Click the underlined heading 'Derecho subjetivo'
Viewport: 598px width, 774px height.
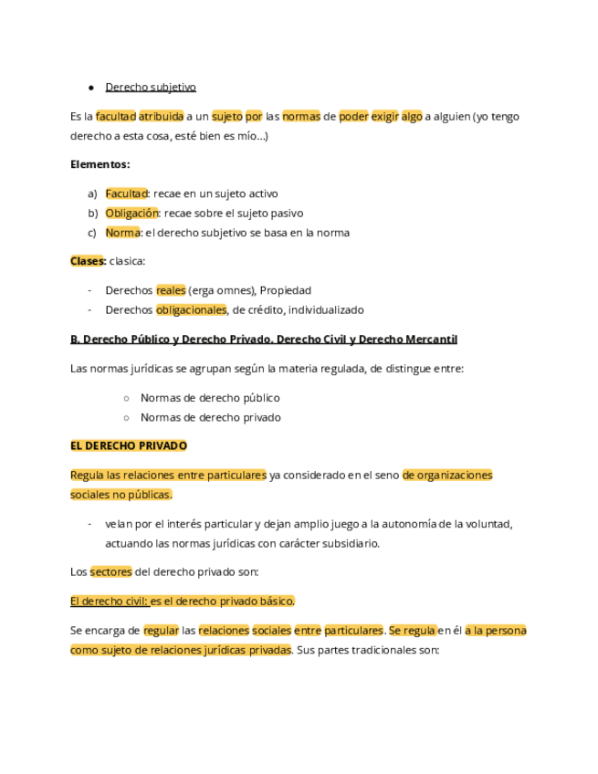pos(151,88)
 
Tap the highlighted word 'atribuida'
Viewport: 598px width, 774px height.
pos(161,117)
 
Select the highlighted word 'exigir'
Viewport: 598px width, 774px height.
pos(384,117)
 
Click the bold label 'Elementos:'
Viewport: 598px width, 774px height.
pos(100,165)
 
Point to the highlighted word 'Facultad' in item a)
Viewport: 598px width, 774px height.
pos(126,194)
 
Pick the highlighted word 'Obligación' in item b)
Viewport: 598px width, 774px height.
pos(131,214)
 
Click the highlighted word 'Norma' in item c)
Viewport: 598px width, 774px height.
pos(122,233)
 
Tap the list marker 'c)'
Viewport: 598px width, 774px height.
pos(92,233)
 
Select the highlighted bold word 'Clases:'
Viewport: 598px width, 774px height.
pos(88,261)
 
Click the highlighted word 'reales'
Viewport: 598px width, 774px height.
pos(171,290)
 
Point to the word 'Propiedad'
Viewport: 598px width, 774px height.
pos(286,290)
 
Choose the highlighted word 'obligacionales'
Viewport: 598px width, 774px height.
pos(191,309)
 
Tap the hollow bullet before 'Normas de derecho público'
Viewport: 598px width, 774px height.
pos(127,398)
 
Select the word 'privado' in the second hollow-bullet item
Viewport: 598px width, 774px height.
pos(260,417)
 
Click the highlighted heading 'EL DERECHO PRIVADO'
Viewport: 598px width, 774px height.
pos(129,446)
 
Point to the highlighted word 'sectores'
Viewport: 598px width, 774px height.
pos(110,572)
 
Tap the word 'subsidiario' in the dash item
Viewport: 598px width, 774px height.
pos(346,543)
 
